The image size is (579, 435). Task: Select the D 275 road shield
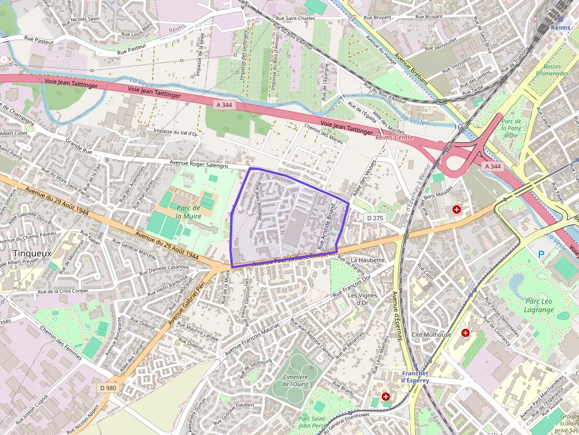pyautogui.click(x=375, y=218)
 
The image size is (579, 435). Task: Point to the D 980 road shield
pyautogui.click(x=108, y=388)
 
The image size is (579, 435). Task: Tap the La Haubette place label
pyautogui.click(x=367, y=260)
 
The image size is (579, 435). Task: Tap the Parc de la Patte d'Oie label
pyautogui.click(x=511, y=127)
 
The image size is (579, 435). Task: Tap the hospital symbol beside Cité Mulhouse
pyautogui.click(x=466, y=333)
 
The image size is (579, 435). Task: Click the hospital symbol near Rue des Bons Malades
pyautogui.click(x=456, y=210)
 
